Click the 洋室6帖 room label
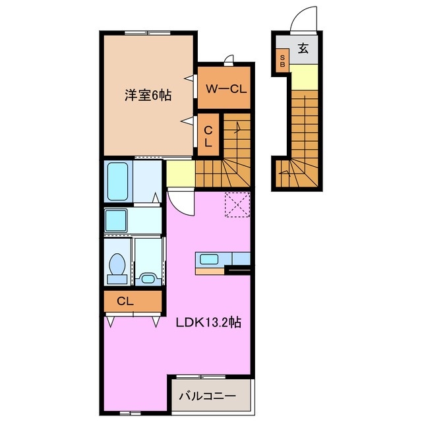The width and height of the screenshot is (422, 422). [148, 96]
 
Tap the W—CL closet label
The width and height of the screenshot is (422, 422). [225, 88]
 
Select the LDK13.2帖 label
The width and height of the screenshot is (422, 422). [207, 323]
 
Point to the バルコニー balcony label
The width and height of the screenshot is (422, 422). [207, 397]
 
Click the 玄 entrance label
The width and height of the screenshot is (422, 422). [303, 47]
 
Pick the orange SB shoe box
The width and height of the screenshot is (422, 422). [282, 61]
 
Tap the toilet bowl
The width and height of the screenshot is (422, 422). [117, 265]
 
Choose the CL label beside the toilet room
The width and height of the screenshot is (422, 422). [125, 301]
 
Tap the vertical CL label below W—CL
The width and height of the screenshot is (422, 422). [208, 135]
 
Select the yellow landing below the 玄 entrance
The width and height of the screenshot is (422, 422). [304, 77]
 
